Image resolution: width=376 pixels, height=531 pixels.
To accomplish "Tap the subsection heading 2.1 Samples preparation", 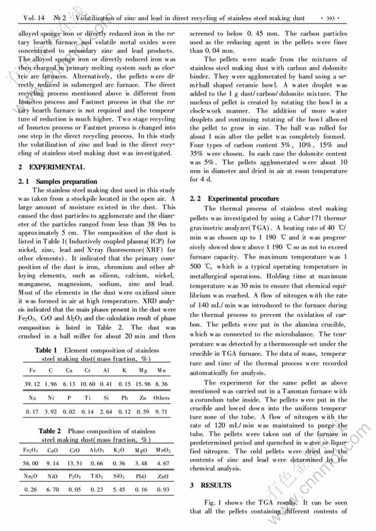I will [x=58, y=181].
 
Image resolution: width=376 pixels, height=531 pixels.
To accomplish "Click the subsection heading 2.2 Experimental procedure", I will [x=234, y=198].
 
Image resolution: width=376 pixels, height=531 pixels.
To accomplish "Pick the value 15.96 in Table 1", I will [x=144, y=384].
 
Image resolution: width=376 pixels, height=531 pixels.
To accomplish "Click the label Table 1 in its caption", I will [x=46, y=350].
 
